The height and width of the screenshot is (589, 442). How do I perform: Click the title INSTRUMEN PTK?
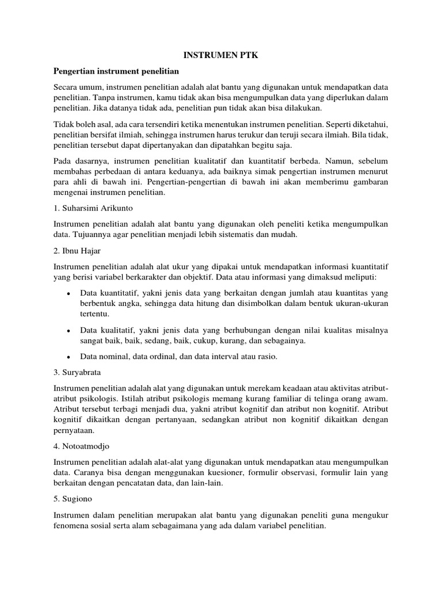tap(220, 55)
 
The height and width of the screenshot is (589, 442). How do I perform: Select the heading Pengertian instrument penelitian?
tap(116, 71)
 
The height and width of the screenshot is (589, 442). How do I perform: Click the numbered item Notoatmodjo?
tap(85, 446)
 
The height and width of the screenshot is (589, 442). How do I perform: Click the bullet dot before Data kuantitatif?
tap(68, 292)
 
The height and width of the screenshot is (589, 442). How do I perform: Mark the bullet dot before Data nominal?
tap(68, 357)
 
